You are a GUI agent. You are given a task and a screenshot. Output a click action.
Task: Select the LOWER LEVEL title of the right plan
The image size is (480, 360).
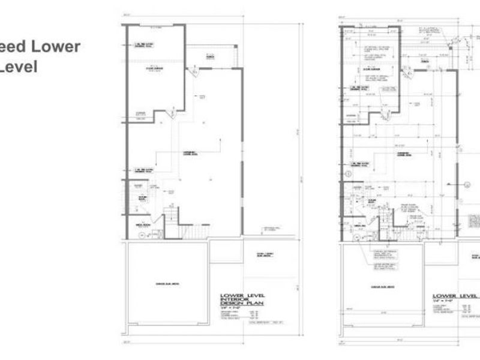(454, 296)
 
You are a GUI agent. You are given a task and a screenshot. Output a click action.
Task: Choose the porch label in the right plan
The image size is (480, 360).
(424, 61)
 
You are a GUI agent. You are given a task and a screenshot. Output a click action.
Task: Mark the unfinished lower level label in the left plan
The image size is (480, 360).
(191, 153)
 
